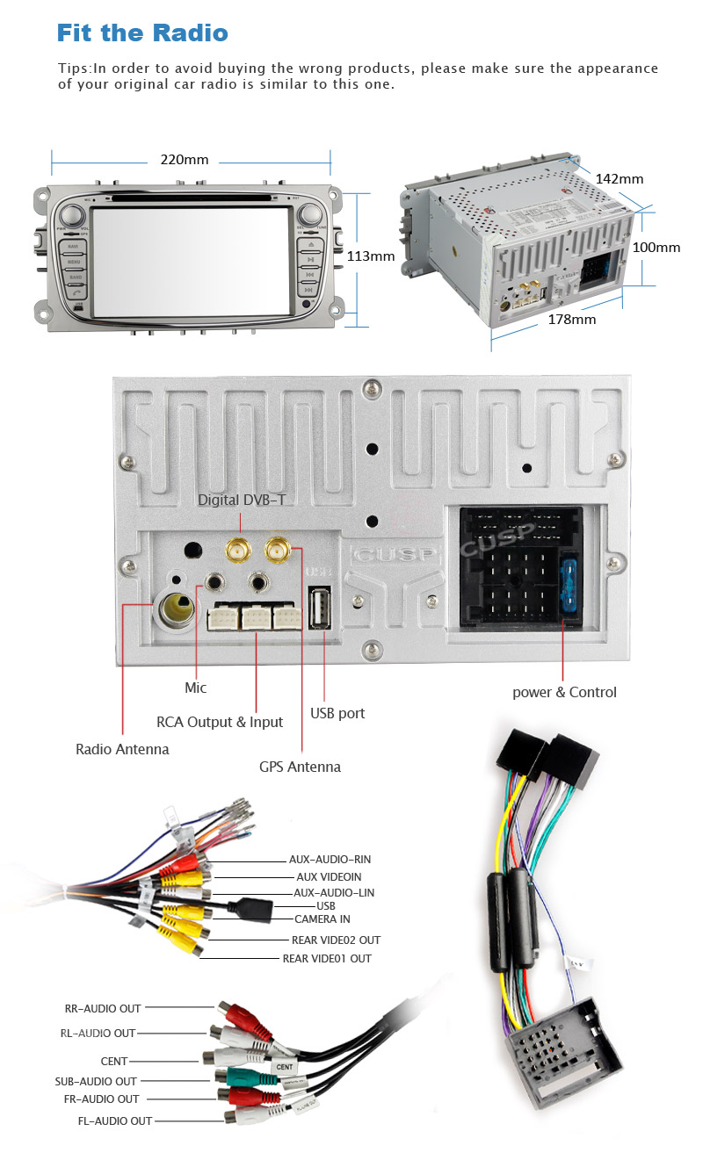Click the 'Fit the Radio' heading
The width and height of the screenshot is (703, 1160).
click(x=142, y=33)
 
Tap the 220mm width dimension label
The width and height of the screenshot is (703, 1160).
click(x=185, y=160)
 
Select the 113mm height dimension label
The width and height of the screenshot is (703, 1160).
click(x=370, y=256)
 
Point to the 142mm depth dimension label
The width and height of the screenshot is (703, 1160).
click(x=620, y=179)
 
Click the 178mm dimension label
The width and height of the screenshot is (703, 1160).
click(x=571, y=319)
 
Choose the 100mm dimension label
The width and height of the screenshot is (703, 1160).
click(x=656, y=248)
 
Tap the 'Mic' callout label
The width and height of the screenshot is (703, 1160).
click(x=195, y=688)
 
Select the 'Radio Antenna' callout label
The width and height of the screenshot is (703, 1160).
click(x=122, y=749)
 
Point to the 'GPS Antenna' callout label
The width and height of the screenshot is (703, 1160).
click(x=300, y=767)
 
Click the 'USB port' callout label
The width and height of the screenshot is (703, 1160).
click(x=337, y=713)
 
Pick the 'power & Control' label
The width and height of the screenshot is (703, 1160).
click(x=564, y=692)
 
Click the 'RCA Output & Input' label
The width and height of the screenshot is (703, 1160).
click(x=220, y=722)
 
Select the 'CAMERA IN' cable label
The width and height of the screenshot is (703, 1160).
click(x=322, y=919)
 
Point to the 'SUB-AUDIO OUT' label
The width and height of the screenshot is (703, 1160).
click(x=96, y=1081)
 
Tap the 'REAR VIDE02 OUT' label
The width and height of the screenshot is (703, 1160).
click(x=336, y=940)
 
